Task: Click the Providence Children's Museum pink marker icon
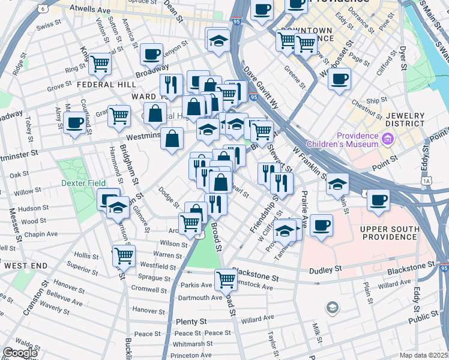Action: pyautogui.click(x=387, y=140)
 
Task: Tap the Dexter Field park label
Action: pyautogui.click(x=82, y=183)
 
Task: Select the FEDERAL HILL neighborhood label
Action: pyautogui.click(x=100, y=85)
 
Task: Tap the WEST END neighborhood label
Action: pyautogui.click(x=25, y=265)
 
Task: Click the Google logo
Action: pyautogui.click(x=19, y=353)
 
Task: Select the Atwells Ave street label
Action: pyautogui.click(x=90, y=10)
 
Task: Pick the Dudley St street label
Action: pyautogui.click(x=325, y=271)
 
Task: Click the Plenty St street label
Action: pyautogui.click(x=191, y=322)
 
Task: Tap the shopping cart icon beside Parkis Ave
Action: pyautogui.click(x=226, y=278)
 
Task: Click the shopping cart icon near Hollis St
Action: pyautogui.click(x=124, y=255)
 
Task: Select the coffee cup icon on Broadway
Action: pyautogui.click(x=152, y=54)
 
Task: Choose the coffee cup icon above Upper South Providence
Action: pyautogui.click(x=378, y=200)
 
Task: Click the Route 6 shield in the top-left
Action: pyautogui.click(x=42, y=8)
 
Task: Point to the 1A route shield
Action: pyautogui.click(x=427, y=180)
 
